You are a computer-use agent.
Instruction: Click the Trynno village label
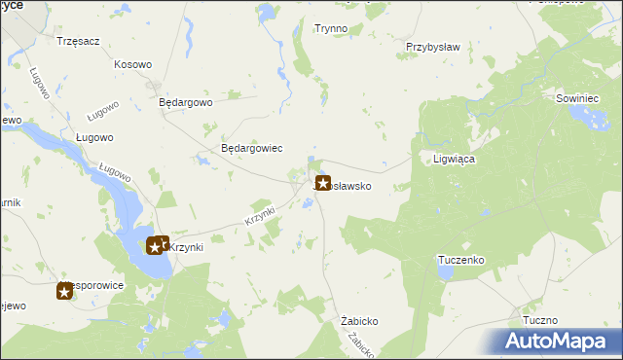click(x=331, y=29)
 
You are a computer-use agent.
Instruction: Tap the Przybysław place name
click(x=432, y=46)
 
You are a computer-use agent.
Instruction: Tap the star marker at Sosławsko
click(x=323, y=182)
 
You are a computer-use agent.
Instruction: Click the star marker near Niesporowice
click(x=64, y=290)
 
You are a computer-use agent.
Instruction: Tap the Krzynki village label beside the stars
click(x=185, y=247)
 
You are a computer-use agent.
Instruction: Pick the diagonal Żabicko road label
click(x=360, y=342)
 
